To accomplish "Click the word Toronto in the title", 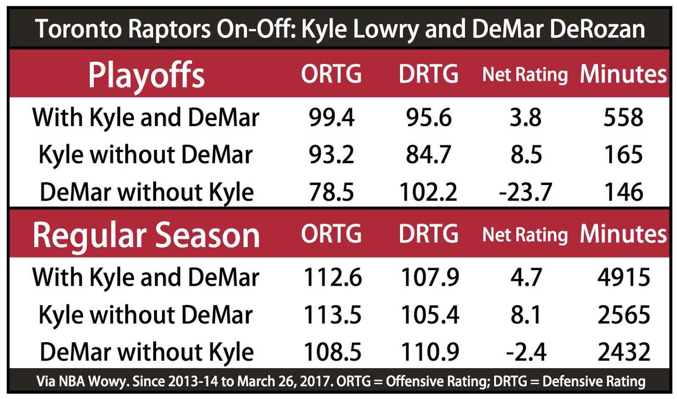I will point(79,29).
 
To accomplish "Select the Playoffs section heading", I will point(146,75).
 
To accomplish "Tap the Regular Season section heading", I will point(146,235).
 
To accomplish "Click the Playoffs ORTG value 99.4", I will point(331,117).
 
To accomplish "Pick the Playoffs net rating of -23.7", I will point(525,192).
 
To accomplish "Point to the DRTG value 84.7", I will point(428,154).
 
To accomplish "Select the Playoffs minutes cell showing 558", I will point(623,117).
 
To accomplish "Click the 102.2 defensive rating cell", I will point(428,192).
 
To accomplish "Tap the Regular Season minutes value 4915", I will point(623,277).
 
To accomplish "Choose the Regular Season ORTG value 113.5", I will point(332,315).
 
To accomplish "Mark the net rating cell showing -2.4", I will point(526,352).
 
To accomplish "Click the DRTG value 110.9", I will point(429,352).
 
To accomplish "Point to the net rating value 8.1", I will point(526,315).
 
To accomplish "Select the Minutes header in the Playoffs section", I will point(623,74).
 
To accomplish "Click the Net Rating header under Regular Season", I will point(525,235).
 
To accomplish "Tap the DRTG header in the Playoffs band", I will point(428,74).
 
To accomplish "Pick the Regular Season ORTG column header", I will point(331,234).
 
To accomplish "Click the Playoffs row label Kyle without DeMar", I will point(146,154).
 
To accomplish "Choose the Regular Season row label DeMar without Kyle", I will point(146,352).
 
